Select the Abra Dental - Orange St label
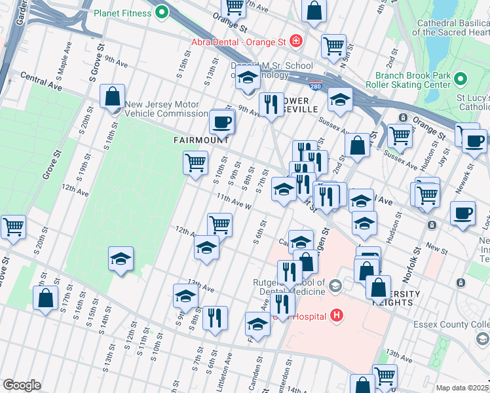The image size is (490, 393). click(x=238, y=41)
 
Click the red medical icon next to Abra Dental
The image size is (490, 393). click(x=296, y=41)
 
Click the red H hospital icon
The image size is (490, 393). click(x=337, y=316)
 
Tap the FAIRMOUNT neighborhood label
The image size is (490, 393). click(x=201, y=140)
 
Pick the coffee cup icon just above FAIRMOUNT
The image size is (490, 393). click(x=221, y=121)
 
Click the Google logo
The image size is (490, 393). click(x=22, y=385)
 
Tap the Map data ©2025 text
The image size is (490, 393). click(x=462, y=388)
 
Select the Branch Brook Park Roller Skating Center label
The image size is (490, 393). click(x=413, y=80)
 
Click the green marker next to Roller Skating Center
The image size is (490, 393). click(x=461, y=80)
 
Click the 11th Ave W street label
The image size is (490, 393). click(x=234, y=202)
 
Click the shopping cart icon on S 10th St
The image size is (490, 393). click(x=195, y=162)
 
